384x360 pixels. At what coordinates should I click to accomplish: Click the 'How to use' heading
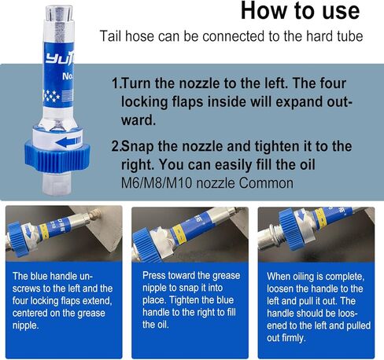[300, 11]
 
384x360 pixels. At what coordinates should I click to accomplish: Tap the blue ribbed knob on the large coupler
[57, 156]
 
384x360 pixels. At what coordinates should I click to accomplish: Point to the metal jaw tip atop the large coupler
[59, 13]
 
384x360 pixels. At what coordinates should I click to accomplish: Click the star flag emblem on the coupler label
[57, 95]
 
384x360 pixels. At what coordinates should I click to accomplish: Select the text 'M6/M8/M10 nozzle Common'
[207, 183]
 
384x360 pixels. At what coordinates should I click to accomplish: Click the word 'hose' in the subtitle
[139, 36]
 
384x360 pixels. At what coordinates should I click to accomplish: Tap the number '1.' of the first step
[116, 83]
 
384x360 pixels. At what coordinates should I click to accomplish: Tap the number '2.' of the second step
[116, 146]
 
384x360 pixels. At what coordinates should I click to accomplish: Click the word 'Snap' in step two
[138, 146]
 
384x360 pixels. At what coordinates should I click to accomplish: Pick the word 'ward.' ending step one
[138, 120]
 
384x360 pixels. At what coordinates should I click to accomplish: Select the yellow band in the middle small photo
[179, 233]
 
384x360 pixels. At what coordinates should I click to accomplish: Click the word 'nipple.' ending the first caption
[26, 325]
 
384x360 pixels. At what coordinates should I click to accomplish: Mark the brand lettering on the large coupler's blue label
[60, 59]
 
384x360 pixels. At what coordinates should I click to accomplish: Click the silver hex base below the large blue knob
[57, 183]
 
